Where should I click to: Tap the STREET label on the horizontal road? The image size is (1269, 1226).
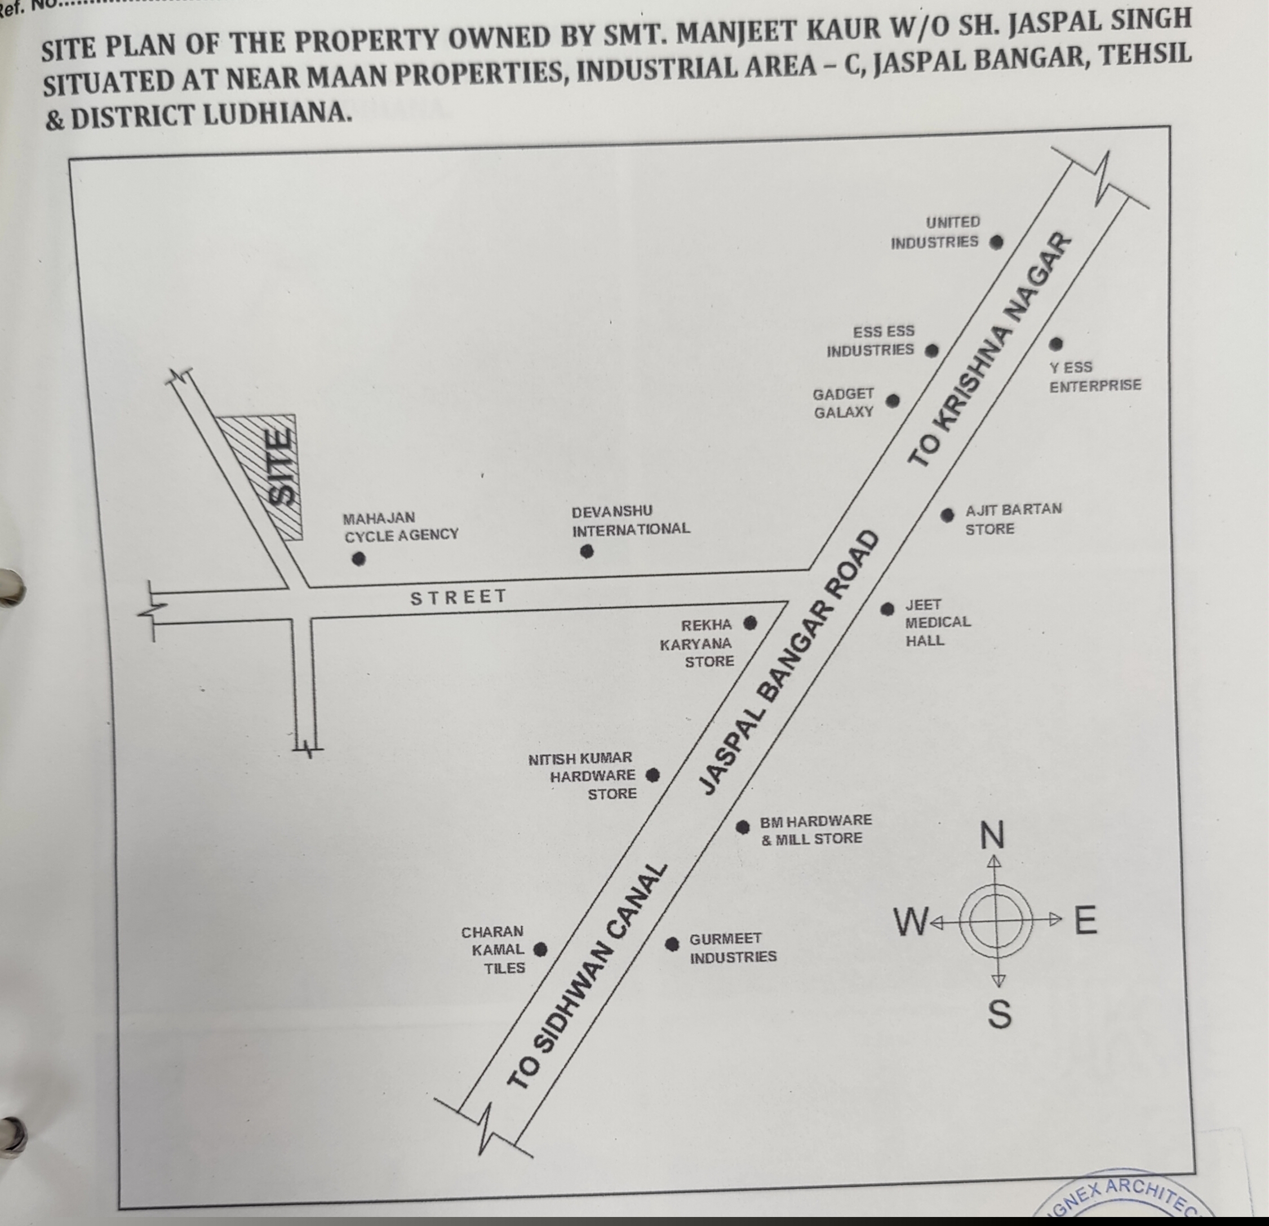[x=458, y=597]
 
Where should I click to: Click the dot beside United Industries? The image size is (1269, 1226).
[x=996, y=243]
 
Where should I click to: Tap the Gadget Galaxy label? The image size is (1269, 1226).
[x=844, y=403]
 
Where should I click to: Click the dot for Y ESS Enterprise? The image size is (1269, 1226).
[x=1056, y=344]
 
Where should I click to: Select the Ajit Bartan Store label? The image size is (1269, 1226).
[x=1013, y=519]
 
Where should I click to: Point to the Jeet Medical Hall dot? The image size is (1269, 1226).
[x=887, y=609]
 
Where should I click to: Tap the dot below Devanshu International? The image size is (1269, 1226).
[x=587, y=552]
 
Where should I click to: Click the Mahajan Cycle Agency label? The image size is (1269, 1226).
[x=401, y=527]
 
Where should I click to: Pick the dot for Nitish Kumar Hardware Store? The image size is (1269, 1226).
[x=653, y=775]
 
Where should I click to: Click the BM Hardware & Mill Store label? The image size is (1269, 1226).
[x=815, y=830]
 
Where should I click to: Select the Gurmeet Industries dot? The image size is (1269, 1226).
[x=673, y=944]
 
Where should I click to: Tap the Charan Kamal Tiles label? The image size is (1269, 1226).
[x=494, y=949]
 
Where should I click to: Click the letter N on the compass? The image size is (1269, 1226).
[x=992, y=836]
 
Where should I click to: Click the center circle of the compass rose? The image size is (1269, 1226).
[x=996, y=919]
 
